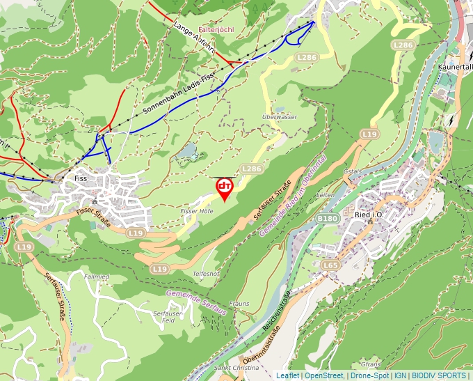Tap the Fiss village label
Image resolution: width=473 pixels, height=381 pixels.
[x=80, y=178]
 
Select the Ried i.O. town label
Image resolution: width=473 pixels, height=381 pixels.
[x=369, y=215]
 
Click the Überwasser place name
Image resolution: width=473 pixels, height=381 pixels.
[x=280, y=117]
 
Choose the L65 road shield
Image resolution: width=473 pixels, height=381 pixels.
[x=330, y=265]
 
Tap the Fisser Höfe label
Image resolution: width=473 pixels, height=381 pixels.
[x=196, y=210]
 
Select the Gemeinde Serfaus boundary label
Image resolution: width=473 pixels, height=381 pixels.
[x=197, y=301]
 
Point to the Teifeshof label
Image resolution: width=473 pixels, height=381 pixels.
[x=206, y=274]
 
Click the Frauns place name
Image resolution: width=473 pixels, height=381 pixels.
[x=239, y=304]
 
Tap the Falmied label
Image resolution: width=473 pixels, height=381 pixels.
[x=96, y=277]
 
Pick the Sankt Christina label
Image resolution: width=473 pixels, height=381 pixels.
[x=236, y=367]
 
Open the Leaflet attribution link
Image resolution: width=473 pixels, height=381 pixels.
[x=287, y=375]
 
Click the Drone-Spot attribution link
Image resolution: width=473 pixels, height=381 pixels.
[x=369, y=375]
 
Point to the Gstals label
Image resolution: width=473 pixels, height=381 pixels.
[x=353, y=171]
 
